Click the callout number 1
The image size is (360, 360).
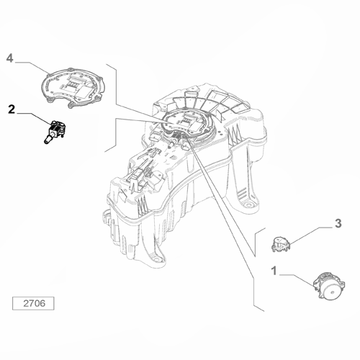point(274,272)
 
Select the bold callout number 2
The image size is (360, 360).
point(11,109)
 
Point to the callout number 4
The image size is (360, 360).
point(10,58)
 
